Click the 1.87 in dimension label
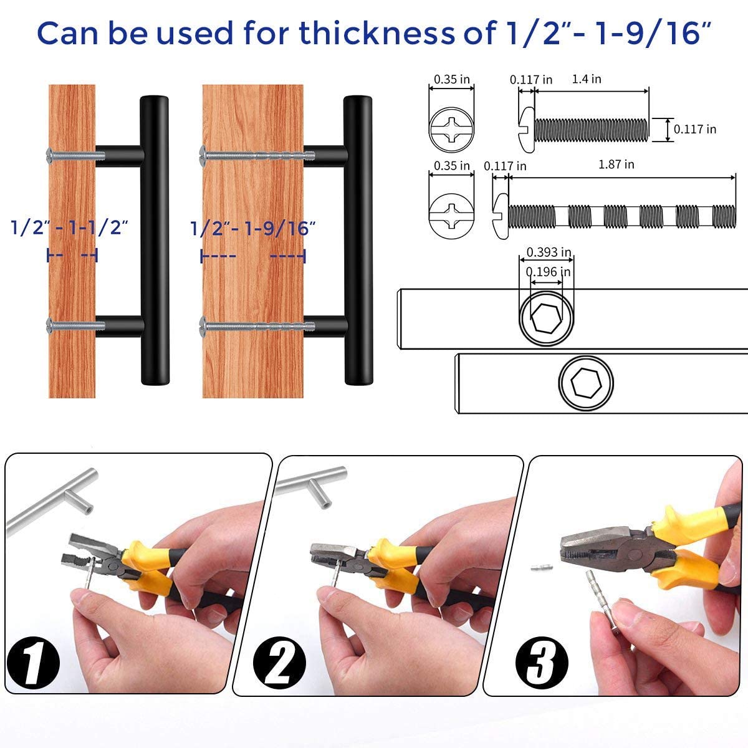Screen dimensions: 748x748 [x=616, y=165]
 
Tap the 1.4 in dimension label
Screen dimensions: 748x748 [x=586, y=79]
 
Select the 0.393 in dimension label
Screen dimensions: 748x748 [x=549, y=252]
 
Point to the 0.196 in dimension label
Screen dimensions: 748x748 [x=548, y=272]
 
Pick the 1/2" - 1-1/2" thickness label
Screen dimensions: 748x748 [x=70, y=228]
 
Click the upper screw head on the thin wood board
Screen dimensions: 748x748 [x=50, y=152]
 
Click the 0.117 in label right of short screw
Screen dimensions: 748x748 [x=694, y=129]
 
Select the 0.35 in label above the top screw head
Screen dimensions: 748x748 [x=452, y=79]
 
